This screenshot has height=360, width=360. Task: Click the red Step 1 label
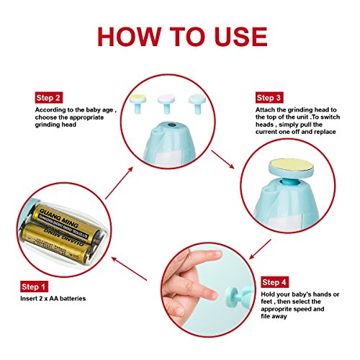34,287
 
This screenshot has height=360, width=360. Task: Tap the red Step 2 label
49,98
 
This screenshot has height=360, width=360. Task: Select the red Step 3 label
269,98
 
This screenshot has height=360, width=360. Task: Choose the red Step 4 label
275,282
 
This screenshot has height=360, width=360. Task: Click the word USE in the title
241,37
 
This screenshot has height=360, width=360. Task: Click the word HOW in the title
130,37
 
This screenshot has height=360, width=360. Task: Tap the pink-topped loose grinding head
166,104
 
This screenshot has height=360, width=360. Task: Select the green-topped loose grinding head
197,104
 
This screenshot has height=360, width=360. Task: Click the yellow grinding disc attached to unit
291,165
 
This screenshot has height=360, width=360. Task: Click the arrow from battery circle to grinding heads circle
119,183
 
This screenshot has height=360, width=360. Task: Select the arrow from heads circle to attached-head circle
222,159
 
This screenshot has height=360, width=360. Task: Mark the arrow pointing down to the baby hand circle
260,249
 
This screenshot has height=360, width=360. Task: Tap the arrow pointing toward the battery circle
129,269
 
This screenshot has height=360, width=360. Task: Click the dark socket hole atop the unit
171,125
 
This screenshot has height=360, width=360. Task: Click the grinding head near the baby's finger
231,297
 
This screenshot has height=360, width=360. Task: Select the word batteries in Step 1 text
73,298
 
